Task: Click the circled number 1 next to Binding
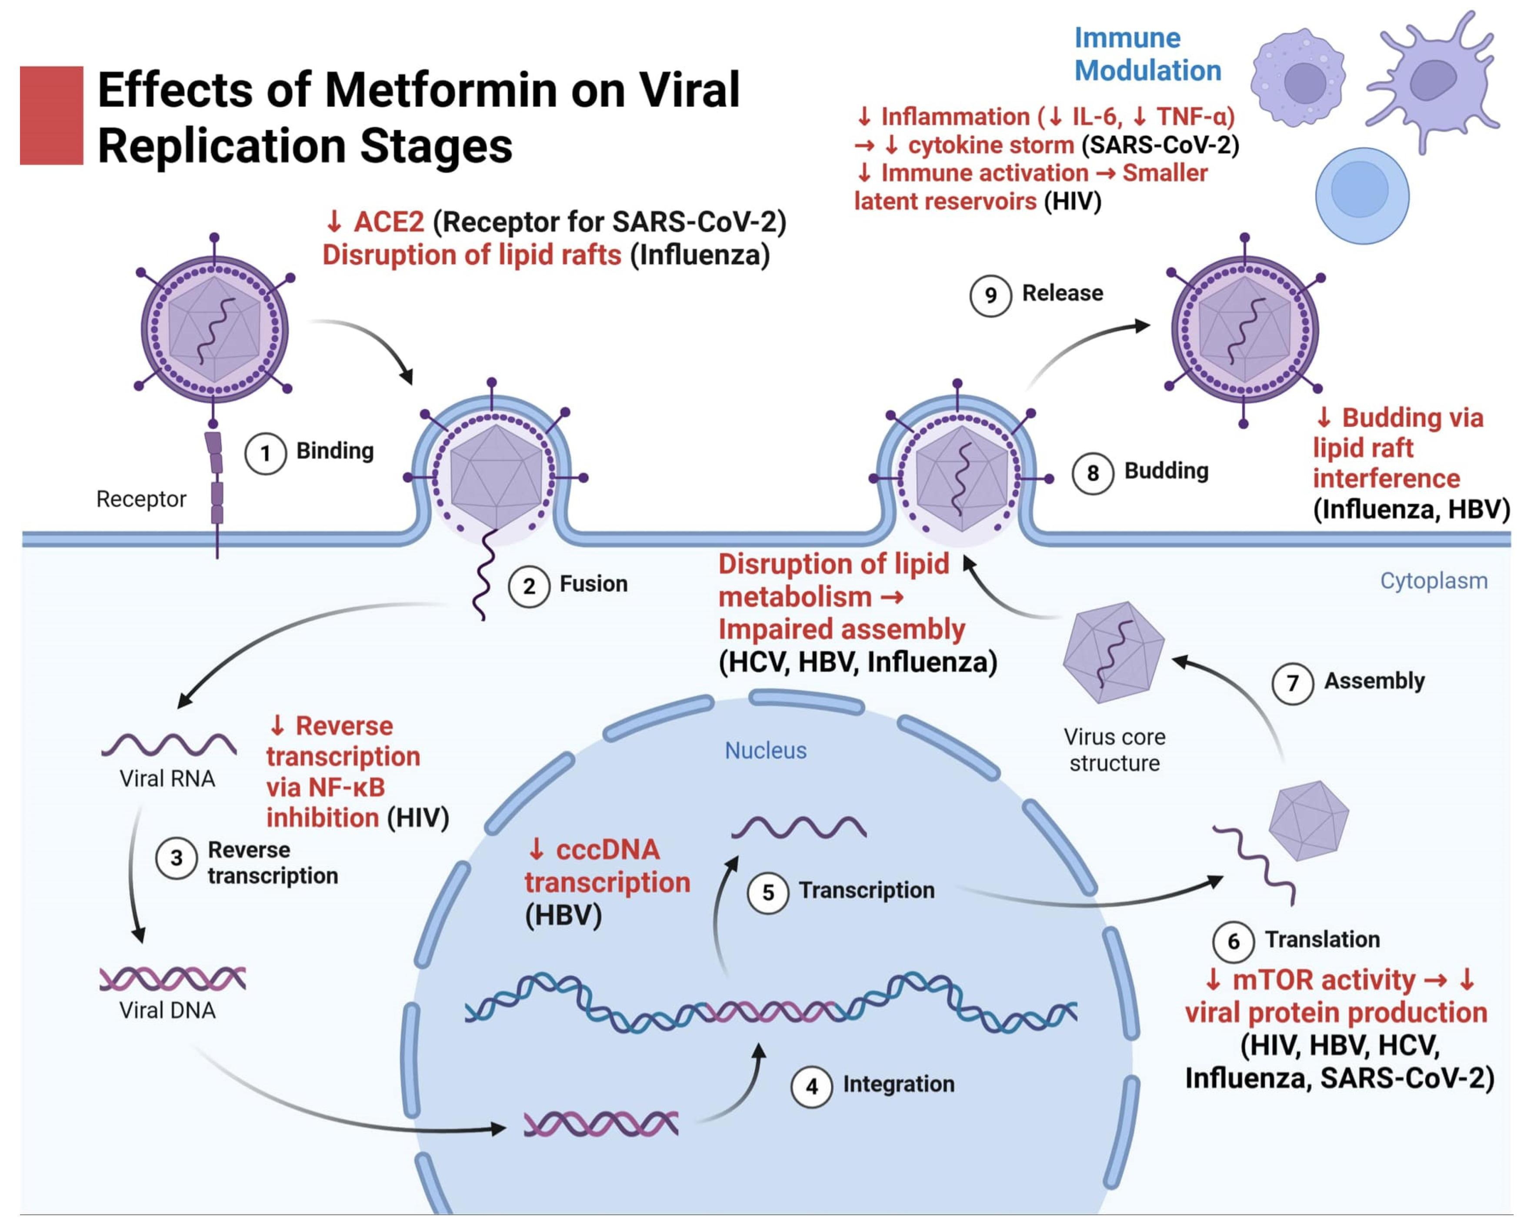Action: coord(265,453)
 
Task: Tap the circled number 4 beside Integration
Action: coord(812,1086)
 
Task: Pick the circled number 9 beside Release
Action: coord(990,296)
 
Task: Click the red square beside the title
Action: coord(51,116)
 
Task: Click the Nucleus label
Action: coord(766,750)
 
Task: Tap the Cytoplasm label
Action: coord(1433,581)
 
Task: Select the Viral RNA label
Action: coord(167,779)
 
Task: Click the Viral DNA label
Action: coord(167,1011)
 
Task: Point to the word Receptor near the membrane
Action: coord(141,499)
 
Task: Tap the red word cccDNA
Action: coord(607,850)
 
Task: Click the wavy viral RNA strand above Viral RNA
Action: coord(169,744)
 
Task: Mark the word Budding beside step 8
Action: coord(1166,471)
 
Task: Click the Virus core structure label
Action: coord(1114,750)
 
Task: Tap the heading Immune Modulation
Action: coord(1147,55)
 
